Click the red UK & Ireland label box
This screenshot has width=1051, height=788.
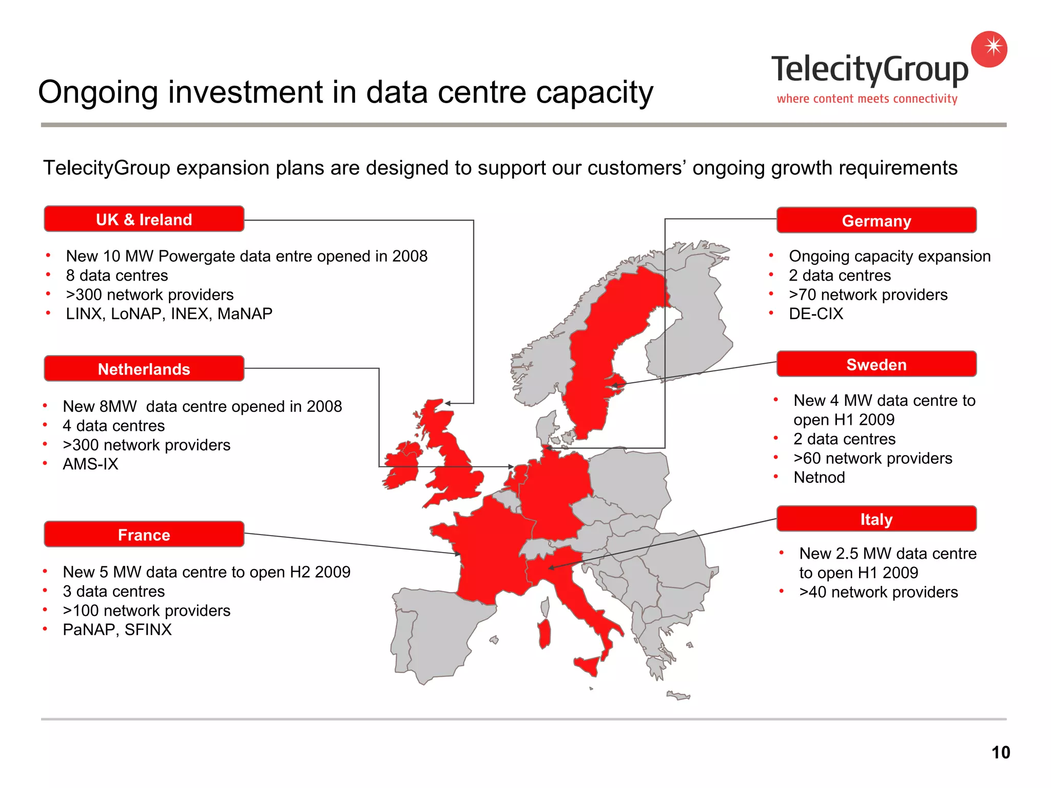144,219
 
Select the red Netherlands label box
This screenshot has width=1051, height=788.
144,368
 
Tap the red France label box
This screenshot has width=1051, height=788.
144,535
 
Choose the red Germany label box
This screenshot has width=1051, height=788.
876,221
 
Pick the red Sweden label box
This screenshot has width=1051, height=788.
876,364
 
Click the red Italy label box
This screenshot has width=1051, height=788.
876,519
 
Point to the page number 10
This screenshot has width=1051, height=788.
1000,753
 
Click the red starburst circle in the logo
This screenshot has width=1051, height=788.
989,49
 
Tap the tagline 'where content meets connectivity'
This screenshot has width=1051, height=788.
867,98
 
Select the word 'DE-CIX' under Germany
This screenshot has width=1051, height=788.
815,313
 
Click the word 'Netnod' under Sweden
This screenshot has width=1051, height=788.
819,477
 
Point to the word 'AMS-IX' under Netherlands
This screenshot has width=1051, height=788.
90,464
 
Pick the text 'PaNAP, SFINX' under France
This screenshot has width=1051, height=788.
117,629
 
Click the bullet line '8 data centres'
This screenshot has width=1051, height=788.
117,275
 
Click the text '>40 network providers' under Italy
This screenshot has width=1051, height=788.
878,592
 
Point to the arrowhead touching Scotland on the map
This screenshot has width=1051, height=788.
447,404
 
